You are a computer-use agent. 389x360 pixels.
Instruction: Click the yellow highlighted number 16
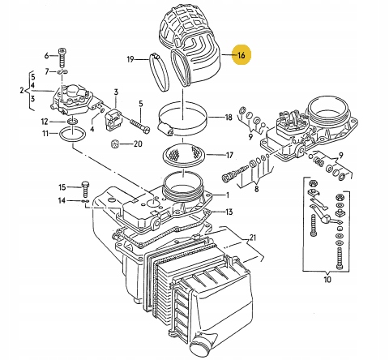[x=242, y=55]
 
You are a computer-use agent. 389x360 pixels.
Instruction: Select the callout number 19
[x=130, y=59]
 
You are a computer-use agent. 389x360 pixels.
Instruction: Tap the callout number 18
[x=229, y=118]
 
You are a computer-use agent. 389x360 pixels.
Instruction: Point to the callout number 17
[x=229, y=156]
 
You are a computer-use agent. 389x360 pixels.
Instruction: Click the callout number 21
[x=252, y=238]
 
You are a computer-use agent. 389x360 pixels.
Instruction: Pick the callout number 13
[x=229, y=212]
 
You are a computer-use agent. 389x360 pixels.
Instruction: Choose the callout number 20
[x=138, y=144]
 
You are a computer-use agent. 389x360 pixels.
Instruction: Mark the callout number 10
[x=327, y=279]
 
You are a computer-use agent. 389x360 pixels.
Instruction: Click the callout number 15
[x=62, y=187]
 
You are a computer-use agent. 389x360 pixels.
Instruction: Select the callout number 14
[x=62, y=200]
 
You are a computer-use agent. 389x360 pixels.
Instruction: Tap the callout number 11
[x=45, y=134]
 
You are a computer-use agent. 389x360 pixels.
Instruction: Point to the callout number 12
[x=45, y=122]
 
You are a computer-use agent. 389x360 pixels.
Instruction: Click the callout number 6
[x=46, y=56]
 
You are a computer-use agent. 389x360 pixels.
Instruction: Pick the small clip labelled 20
[x=115, y=144]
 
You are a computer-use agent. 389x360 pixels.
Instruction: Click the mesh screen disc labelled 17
[x=184, y=156]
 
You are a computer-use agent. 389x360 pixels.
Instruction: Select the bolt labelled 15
[x=85, y=189]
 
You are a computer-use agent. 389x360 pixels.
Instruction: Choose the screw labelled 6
[x=62, y=58]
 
